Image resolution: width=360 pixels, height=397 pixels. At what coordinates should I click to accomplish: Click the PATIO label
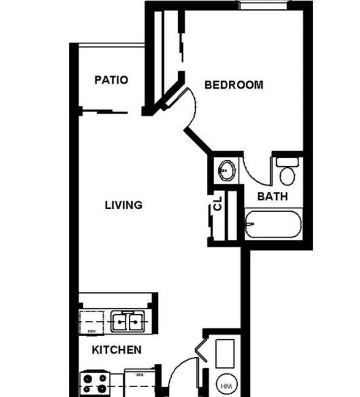click(111, 80)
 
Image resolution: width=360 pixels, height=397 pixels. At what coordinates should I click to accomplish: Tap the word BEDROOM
click(234, 85)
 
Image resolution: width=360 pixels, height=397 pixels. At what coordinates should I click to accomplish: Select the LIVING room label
click(123, 205)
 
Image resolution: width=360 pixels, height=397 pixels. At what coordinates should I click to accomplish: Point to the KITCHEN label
click(117, 350)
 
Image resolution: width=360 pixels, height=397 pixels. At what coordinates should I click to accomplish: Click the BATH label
click(272, 196)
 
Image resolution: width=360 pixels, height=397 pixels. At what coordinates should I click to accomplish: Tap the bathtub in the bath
click(273, 224)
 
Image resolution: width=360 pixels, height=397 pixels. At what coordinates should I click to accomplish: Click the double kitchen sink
click(127, 322)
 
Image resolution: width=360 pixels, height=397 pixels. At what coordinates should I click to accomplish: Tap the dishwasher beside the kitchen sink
click(91, 322)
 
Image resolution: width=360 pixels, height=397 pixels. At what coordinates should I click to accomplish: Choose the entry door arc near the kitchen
click(178, 370)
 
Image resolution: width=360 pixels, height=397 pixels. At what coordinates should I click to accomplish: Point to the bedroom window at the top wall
click(264, 4)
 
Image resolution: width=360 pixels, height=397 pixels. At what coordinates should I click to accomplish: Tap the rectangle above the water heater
click(225, 353)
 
